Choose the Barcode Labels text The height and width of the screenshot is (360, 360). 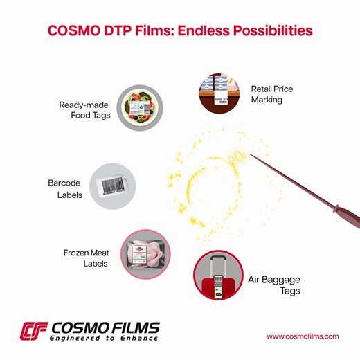[x=65, y=189]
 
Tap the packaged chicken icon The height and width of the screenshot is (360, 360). [x=145, y=254]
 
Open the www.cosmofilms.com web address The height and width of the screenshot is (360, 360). [x=303, y=336]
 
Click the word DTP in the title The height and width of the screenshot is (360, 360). [x=117, y=31]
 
